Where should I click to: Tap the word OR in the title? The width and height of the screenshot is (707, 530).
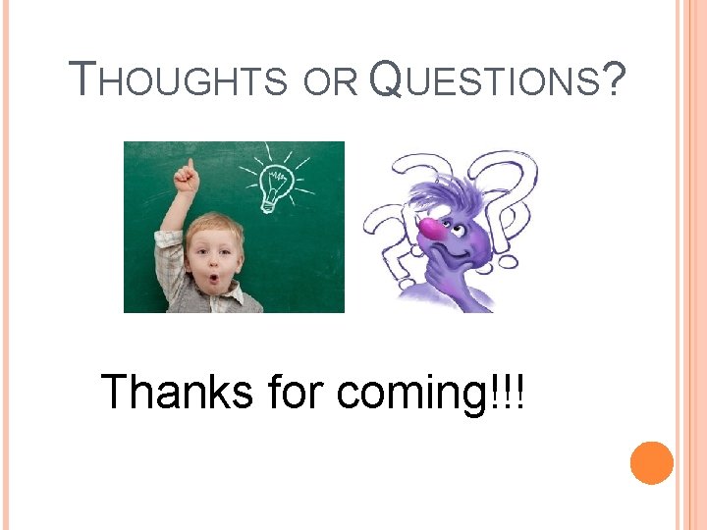(330, 82)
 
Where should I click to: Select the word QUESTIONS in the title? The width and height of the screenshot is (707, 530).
(486, 79)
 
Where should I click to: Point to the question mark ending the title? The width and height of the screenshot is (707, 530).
(615, 79)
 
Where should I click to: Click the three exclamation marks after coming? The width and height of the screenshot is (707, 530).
(509, 391)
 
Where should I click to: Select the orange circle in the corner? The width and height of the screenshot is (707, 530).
(652, 462)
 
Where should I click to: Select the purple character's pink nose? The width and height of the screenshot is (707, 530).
(431, 229)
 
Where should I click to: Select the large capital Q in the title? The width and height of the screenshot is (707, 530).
(388, 79)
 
